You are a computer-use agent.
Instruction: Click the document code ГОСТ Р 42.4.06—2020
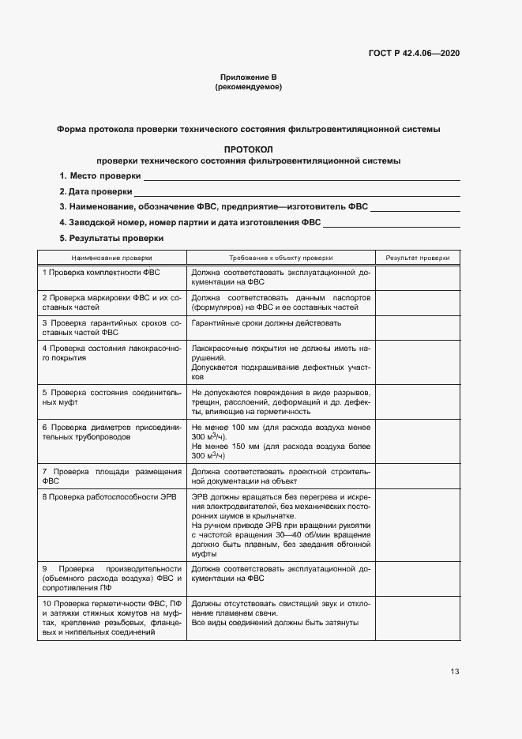click(414, 54)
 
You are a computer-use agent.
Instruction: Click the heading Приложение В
click(248, 77)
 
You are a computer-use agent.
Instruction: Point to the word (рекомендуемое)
click(248, 87)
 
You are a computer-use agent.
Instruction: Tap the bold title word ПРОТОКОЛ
click(248, 149)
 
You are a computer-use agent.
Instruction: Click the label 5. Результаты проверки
click(111, 238)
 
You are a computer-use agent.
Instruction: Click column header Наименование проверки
click(111, 258)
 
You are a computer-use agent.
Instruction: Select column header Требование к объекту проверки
click(280, 258)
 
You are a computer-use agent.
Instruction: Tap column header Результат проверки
click(418, 258)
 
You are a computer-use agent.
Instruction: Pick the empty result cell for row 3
click(418, 328)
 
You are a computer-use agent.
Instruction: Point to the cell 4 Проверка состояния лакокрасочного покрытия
click(111, 353)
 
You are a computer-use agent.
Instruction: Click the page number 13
click(454, 672)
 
